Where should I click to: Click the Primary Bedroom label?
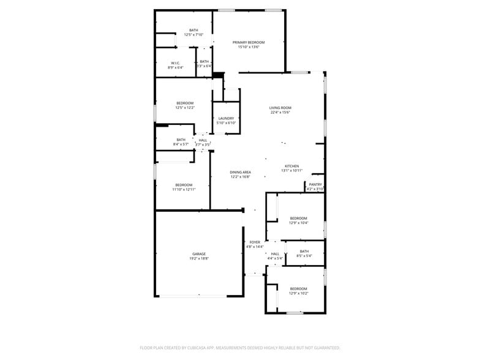coord(248,42)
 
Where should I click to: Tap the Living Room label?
coord(280,108)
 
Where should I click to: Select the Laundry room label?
coord(226,118)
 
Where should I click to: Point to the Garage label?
coord(199,253)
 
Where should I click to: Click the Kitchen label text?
coord(291,167)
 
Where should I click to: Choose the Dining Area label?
coord(241,172)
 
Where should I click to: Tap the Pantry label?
coord(315,184)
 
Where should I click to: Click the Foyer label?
coord(255,242)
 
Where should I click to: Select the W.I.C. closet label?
coord(175,62)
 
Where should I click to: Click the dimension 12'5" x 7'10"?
coord(193,35)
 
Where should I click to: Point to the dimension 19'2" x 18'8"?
coord(199,259)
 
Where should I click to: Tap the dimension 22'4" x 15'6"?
coord(280,113)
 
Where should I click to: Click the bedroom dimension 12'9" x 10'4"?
coord(299,223)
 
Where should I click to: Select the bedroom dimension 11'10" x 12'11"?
coord(184,190)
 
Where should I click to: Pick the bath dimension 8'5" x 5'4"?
coord(304,256)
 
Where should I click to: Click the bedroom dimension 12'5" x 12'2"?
coord(185,108)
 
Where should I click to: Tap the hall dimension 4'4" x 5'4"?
coord(275,259)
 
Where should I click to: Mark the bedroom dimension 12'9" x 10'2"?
coord(299,293)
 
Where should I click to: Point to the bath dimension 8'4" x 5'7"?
coord(181,144)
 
